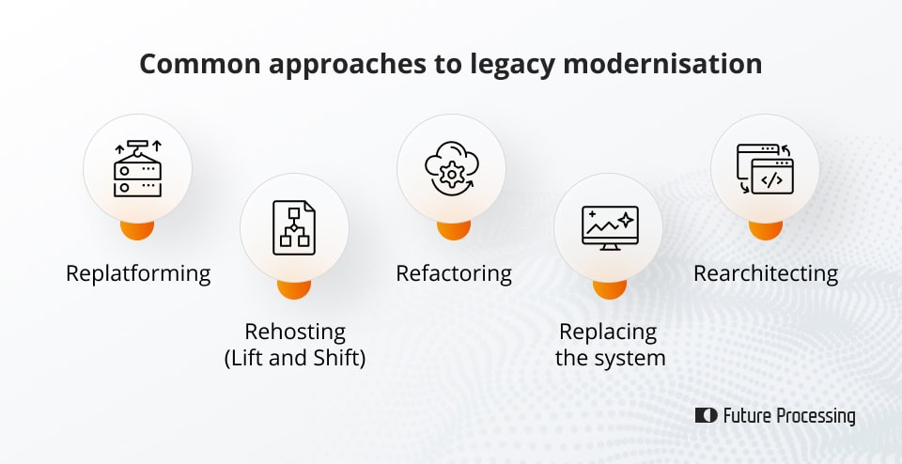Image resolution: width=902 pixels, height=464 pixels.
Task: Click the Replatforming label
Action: click(x=138, y=273)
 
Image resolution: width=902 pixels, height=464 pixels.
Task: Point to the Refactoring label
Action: click(x=453, y=273)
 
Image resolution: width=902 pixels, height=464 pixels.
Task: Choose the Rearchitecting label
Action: click(x=766, y=273)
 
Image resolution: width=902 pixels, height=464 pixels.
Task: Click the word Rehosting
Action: click(x=295, y=332)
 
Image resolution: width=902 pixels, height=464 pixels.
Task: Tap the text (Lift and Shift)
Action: click(x=295, y=358)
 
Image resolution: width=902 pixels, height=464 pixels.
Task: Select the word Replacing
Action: click(x=608, y=332)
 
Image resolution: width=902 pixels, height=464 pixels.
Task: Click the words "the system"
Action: click(x=610, y=358)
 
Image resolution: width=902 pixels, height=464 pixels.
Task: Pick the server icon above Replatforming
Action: click(x=137, y=169)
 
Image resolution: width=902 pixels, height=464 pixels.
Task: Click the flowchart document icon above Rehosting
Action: click(x=294, y=226)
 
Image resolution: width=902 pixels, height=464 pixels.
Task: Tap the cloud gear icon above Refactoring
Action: click(x=451, y=169)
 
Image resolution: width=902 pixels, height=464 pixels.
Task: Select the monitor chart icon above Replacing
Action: click(x=609, y=226)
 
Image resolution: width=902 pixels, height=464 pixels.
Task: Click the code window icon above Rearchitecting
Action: click(x=765, y=169)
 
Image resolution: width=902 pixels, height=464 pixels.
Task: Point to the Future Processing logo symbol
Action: click(x=706, y=415)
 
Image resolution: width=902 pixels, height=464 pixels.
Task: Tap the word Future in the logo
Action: click(x=746, y=415)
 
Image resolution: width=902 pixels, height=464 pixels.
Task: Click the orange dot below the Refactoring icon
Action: click(x=453, y=229)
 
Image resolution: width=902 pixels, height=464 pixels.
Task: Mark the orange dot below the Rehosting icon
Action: click(x=294, y=287)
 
